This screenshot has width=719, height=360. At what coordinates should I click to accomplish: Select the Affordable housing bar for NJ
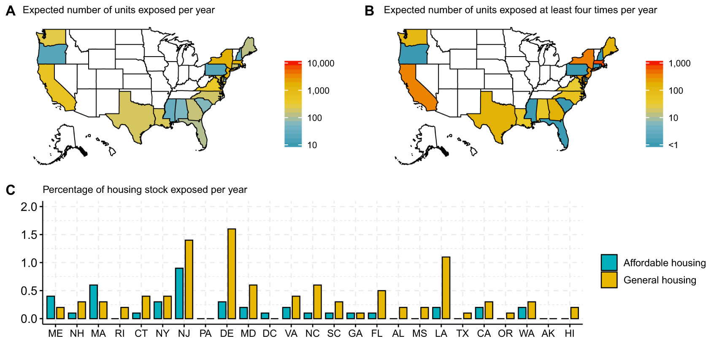point(179,293)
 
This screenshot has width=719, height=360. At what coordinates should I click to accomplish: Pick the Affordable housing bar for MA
point(94,302)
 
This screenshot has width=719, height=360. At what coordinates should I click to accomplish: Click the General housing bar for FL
point(381,304)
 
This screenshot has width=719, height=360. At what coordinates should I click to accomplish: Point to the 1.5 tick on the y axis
point(29,235)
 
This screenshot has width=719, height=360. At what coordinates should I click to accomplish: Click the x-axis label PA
point(205,334)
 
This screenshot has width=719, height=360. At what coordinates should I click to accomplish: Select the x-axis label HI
point(570,334)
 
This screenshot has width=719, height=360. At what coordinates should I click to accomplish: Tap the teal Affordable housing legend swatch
point(609,263)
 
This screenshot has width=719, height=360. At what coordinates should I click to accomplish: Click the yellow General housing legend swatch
point(609,280)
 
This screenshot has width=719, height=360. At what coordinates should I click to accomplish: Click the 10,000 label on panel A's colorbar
point(321,64)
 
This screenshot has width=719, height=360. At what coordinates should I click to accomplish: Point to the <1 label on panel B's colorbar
point(673,145)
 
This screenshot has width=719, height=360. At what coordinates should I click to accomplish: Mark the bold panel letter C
point(11,190)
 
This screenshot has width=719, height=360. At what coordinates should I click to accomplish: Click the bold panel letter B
point(369,11)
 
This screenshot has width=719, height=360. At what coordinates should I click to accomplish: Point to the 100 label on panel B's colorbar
point(676,91)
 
